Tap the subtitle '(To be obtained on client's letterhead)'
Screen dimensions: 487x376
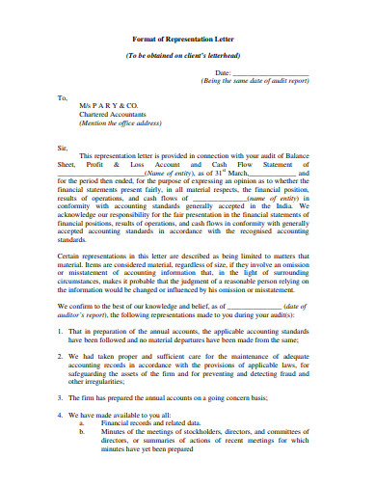(187, 56)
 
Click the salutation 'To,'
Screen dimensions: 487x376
(63, 97)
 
